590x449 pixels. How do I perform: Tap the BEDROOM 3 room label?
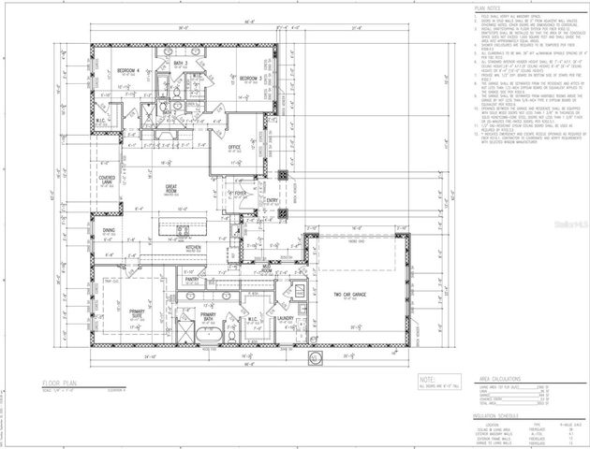click(x=249, y=78)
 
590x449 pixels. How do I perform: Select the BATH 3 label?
click(x=193, y=64)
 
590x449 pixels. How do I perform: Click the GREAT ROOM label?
click(x=172, y=189)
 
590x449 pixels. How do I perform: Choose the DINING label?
click(x=110, y=229)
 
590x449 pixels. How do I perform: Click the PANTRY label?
click(x=192, y=279)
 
